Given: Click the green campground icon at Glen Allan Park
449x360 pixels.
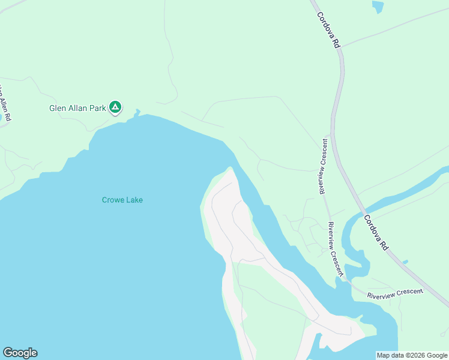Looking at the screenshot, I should point(115,108).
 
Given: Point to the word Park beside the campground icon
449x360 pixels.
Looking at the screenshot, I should point(97,109).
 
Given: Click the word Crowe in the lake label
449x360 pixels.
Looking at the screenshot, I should point(112,200).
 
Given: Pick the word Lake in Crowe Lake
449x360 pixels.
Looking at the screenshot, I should point(134,200).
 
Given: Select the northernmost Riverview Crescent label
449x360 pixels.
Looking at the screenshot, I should point(323,166).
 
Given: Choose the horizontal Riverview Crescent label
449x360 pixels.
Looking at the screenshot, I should point(395,293).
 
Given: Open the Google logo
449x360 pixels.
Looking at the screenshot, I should point(20,353).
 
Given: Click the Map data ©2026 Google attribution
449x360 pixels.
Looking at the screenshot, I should point(412,355).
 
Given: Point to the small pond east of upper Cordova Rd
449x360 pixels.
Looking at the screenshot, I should point(378,7).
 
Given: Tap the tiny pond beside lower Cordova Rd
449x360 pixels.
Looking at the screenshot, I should point(405,262).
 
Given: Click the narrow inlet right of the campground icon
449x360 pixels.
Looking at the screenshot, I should point(137,112).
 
